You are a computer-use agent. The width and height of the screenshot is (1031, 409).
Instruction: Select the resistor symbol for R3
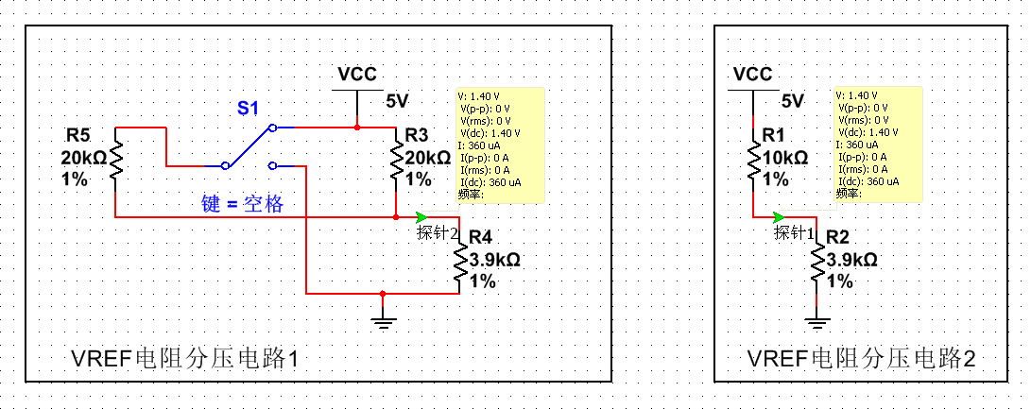pos(396,157)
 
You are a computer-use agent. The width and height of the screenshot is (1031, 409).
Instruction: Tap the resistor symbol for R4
pos(460,267)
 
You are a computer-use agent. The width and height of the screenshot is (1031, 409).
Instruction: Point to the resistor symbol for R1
pos(752,157)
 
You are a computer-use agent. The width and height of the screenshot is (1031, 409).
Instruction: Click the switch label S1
pos(248,109)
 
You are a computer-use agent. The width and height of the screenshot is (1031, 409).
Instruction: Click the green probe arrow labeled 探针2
pos(421,216)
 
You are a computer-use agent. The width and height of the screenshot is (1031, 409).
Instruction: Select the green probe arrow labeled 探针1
pos(778,216)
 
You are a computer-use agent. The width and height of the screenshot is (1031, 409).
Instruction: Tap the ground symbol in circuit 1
pos(382,323)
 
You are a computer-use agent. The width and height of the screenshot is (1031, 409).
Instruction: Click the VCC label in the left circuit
pos(356,75)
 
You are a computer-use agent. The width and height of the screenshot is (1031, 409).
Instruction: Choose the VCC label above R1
pos(752,75)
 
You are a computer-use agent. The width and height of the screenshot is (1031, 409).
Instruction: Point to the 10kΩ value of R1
pos(784,158)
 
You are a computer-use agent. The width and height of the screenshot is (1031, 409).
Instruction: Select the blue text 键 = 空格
pos(242,203)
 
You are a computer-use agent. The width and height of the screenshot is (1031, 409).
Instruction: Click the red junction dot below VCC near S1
pos(356,126)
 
